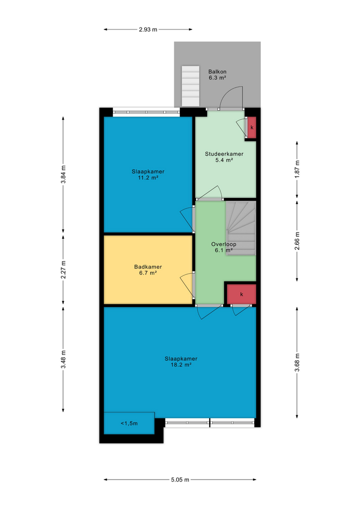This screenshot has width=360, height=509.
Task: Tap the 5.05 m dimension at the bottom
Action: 180,479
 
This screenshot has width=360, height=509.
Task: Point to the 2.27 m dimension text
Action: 63,270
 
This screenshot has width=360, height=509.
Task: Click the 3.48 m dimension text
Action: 63,359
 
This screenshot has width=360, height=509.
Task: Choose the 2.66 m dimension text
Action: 297,239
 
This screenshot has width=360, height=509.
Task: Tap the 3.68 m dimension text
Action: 297,362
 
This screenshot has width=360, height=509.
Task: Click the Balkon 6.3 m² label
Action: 217,75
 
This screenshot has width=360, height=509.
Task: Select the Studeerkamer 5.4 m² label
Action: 224,157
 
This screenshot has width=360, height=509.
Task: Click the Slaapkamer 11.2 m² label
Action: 148,175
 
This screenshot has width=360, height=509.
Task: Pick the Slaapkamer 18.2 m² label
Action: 181,361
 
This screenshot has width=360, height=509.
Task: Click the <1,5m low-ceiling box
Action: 129,423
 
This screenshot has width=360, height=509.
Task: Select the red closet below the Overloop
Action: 241,294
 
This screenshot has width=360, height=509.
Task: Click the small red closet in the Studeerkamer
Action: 252,127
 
